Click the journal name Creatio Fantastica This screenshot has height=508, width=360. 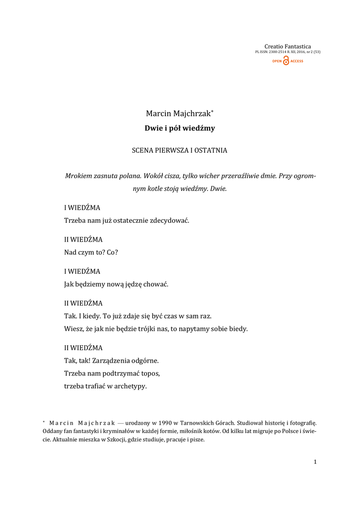pos(288,47)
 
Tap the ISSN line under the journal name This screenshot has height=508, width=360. pos(288,52)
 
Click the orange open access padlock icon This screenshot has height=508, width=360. pos(286,61)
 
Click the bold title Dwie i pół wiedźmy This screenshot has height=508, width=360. pos(180,128)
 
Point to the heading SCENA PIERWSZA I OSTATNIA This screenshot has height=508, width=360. pos(180,150)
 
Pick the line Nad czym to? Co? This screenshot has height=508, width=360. pos(91,252)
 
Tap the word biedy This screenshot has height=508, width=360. pos(236,328)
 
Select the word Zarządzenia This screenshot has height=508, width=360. pos(113,360)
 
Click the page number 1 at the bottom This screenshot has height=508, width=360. pos(315,462)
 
